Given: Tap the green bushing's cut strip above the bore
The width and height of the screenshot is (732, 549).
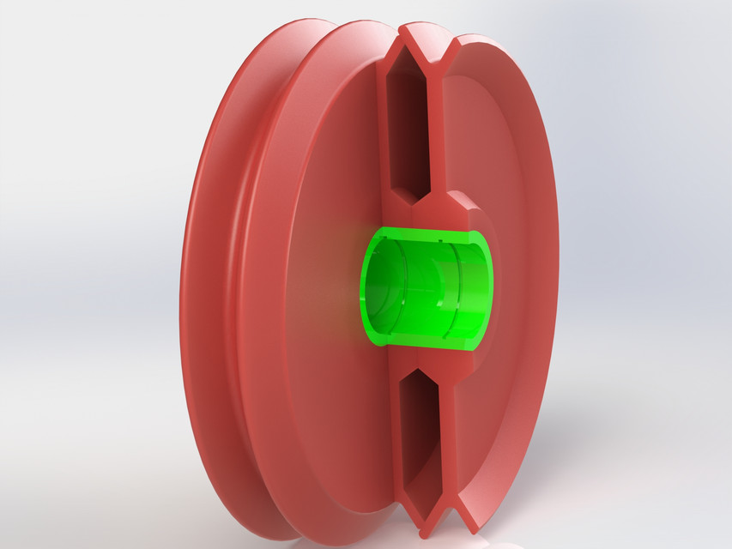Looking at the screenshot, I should coord(429,233).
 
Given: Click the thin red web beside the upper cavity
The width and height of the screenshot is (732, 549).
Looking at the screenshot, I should coord(433,129).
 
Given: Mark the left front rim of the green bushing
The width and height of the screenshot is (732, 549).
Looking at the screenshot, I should coord(364,287).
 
